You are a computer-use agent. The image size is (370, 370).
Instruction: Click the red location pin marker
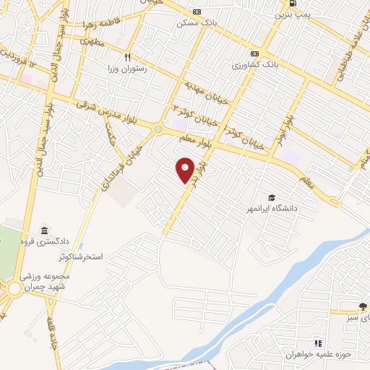click(186, 169)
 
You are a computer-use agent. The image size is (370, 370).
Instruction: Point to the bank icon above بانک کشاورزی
click(254, 53)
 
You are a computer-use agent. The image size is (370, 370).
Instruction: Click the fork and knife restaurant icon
click(128, 56)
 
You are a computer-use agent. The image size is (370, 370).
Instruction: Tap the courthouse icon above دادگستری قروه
click(44, 229)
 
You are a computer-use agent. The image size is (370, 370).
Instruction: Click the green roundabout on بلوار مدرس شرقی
click(158, 129)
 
